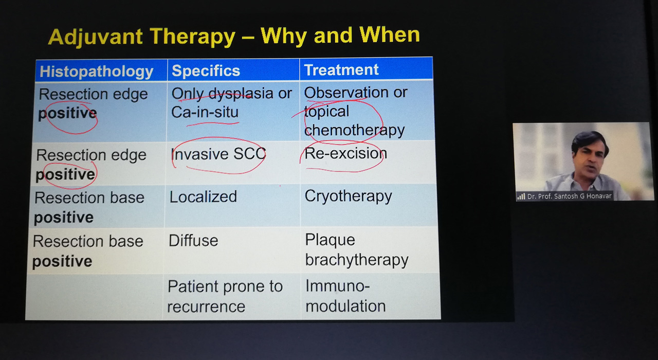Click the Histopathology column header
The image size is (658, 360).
click(x=96, y=71)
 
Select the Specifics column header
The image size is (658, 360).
click(x=206, y=70)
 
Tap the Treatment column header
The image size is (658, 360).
click(x=341, y=69)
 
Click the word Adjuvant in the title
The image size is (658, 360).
click(x=96, y=38)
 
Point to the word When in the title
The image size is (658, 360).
click(x=390, y=34)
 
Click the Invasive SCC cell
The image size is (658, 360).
click(x=218, y=154)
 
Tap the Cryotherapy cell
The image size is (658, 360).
click(x=348, y=196)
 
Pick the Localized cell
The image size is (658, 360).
click(x=203, y=196)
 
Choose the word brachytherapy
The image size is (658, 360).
click(x=357, y=260)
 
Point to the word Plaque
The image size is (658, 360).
click(x=330, y=240)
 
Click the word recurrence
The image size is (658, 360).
click(x=206, y=307)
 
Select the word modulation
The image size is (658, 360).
click(x=345, y=306)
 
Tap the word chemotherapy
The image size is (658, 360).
click(x=354, y=130)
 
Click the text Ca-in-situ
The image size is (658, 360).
click(x=205, y=112)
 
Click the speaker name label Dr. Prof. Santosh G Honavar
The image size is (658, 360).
click(x=569, y=196)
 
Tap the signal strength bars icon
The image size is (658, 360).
click(x=521, y=196)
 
